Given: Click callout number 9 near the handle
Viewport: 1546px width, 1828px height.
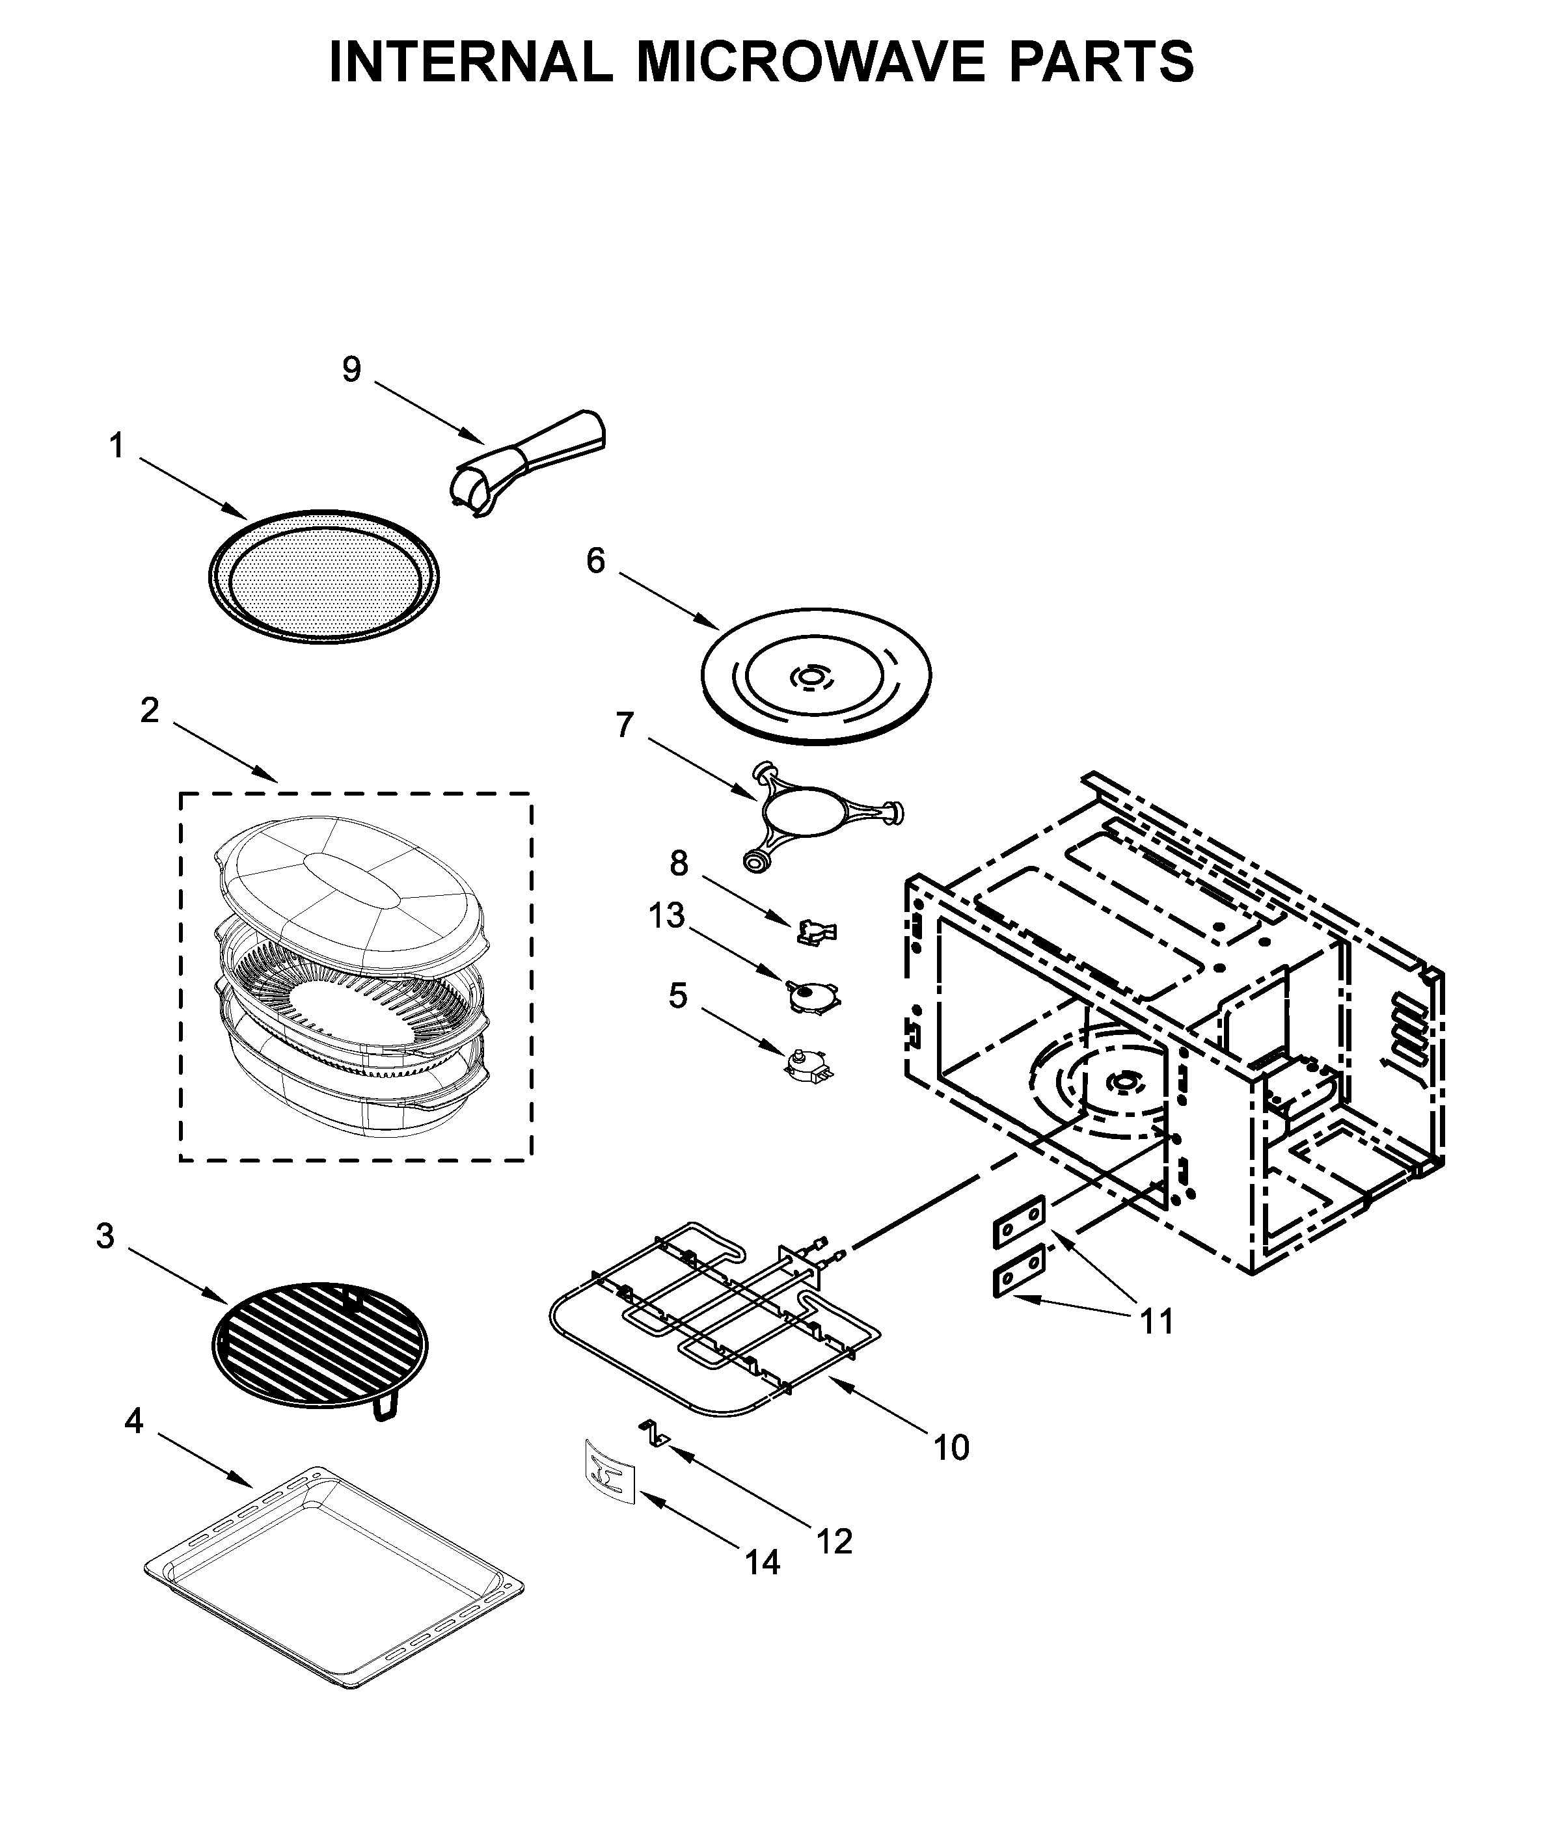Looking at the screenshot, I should [x=351, y=370].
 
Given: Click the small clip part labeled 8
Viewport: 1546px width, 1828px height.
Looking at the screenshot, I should [x=817, y=932].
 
